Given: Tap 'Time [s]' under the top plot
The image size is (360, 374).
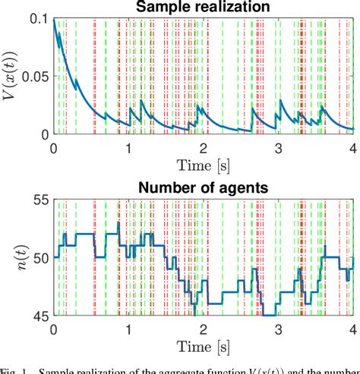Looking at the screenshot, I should (204, 165).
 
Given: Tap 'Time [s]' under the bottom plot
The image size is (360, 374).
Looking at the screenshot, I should (204, 347).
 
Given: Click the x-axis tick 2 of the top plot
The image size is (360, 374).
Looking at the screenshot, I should (204, 147).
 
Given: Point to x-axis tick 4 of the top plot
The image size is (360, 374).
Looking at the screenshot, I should (353, 147).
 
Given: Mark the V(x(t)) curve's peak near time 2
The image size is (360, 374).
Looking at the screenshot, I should (198, 105).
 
